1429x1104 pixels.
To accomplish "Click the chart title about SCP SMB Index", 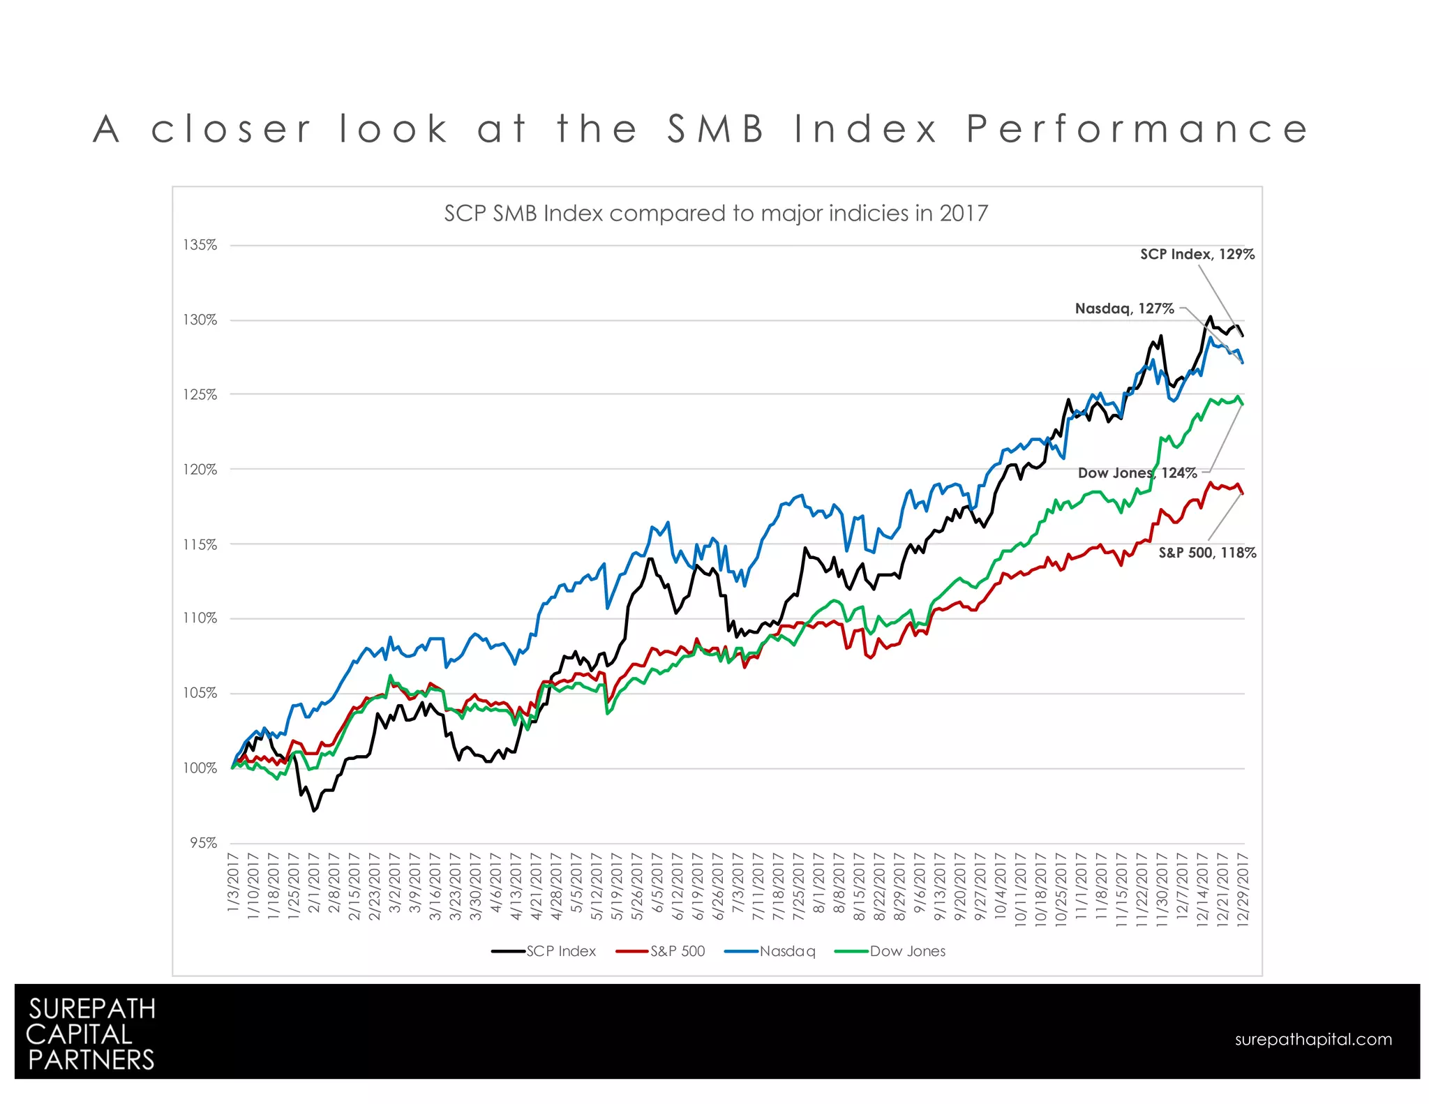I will coord(716,213).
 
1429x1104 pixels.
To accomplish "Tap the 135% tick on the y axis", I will coord(200,245).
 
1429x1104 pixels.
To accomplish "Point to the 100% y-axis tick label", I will coord(200,768).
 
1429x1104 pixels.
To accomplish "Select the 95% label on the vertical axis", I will coord(203,843).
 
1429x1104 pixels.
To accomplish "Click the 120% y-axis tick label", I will coord(200,469).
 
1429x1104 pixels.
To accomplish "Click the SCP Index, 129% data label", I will coord(1197,254).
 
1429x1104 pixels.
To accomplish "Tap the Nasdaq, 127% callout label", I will coord(1124,308).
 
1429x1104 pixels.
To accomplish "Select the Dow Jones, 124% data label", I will coord(1137,473).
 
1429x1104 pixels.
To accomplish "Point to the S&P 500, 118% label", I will coord(1206,553).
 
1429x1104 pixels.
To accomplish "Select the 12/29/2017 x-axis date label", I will coord(1242,889).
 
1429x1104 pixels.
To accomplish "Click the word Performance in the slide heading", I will coord(1137,129).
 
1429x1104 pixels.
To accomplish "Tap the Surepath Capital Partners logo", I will coord(91,1034).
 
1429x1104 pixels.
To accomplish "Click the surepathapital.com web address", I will coord(1312,1039).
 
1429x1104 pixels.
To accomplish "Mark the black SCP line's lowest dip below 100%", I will coord(314,810).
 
